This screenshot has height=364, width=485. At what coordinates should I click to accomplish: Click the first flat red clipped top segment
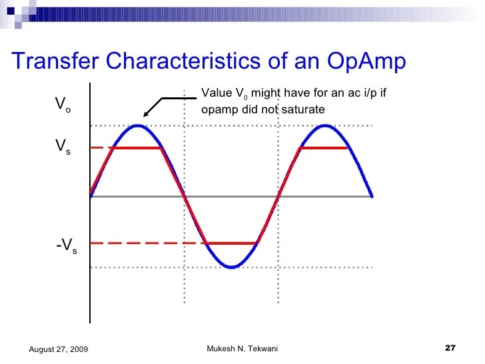tap(137, 148)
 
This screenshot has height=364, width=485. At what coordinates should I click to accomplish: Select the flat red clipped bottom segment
tap(231, 243)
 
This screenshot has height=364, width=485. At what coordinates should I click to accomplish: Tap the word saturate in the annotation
tap(304, 109)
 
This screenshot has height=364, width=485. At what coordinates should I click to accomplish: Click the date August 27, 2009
tap(58, 350)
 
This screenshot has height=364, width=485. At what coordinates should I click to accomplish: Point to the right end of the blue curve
tap(371, 196)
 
